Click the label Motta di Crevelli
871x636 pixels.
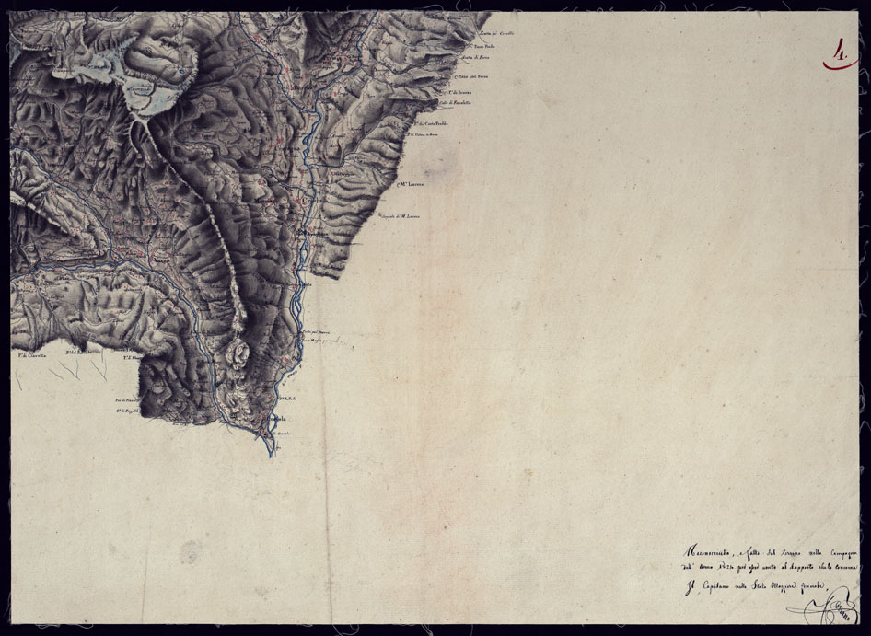coord(495,33)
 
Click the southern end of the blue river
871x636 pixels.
coord(269,454)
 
